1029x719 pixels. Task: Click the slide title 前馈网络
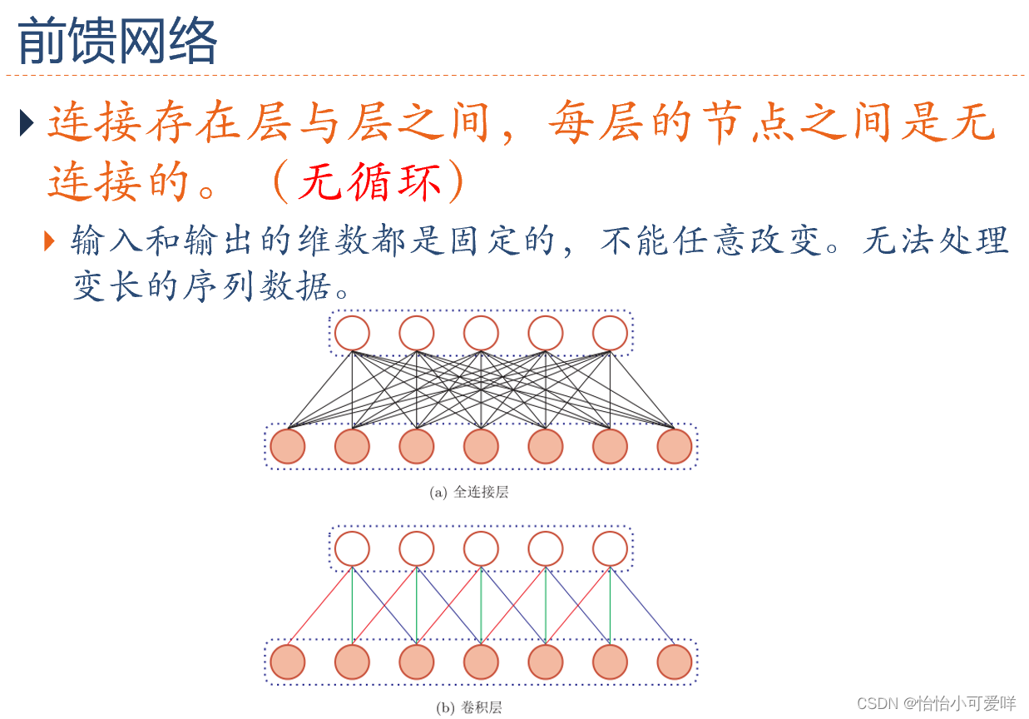tap(117, 41)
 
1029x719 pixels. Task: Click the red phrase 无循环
tap(370, 182)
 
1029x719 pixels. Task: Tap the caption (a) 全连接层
tap(469, 492)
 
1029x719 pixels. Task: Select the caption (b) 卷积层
tap(469, 708)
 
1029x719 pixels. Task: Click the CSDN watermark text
tap(936, 703)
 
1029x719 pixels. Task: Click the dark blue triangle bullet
tap(27, 124)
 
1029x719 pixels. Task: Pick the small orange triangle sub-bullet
tap(50, 241)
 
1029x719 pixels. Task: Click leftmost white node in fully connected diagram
tap(352, 334)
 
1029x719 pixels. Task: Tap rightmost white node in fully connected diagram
tap(610, 334)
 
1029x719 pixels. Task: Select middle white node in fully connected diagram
tap(481, 334)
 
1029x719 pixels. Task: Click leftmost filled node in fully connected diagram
tap(288, 446)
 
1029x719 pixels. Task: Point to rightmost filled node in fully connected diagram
tap(674, 446)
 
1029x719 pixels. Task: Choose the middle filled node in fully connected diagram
tap(481, 446)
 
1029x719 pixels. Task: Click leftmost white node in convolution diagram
tap(352, 549)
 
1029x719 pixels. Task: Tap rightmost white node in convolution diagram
tap(610, 549)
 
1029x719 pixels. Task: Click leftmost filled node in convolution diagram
tap(288, 662)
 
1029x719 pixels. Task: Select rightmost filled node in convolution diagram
tap(674, 662)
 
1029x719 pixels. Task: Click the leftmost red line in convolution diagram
tap(320, 606)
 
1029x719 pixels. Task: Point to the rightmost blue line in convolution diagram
tap(641, 606)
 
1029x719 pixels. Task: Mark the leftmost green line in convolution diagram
tap(353, 606)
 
